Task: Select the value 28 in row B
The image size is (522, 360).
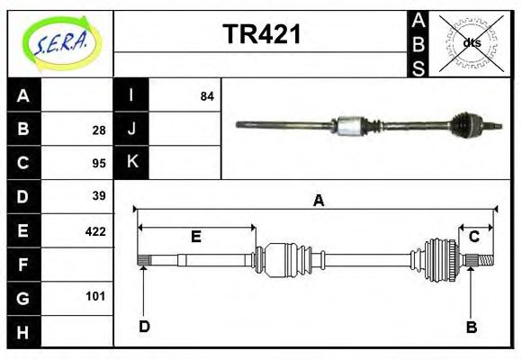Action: (x=99, y=130)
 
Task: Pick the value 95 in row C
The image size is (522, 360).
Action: (x=99, y=163)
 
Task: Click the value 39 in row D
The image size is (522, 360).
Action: (x=99, y=196)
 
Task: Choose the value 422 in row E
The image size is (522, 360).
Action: (x=95, y=230)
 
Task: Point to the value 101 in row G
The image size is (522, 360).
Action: (x=95, y=296)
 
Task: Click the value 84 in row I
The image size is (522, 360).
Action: (x=207, y=96)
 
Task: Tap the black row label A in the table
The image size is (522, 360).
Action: (x=23, y=96)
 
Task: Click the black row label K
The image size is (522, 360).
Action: (x=131, y=163)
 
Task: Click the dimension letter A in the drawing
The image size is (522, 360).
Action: (x=318, y=202)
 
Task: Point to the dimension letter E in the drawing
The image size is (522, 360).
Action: (x=195, y=238)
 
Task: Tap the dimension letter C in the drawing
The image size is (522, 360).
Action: (x=474, y=237)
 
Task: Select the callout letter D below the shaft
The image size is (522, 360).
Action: (x=144, y=327)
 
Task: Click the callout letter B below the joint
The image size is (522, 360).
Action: (x=471, y=328)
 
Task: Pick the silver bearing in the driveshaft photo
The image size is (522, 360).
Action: (x=348, y=127)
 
